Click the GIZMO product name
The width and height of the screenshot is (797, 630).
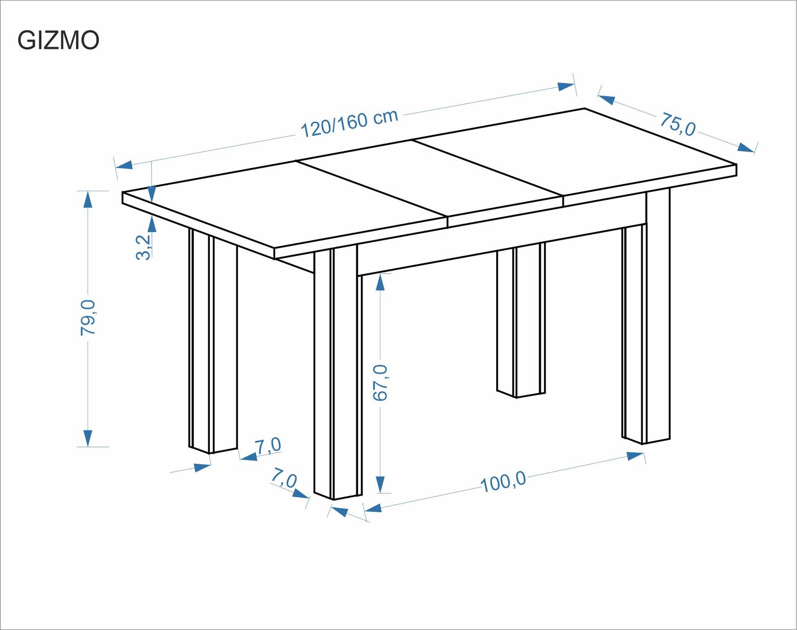pyautogui.click(x=58, y=40)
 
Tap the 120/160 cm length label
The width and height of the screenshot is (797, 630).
pyautogui.click(x=349, y=123)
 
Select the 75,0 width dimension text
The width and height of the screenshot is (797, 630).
pyautogui.click(x=677, y=124)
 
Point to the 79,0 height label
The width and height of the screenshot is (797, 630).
pyautogui.click(x=88, y=318)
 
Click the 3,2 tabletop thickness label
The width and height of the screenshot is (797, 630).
pyautogui.click(x=144, y=247)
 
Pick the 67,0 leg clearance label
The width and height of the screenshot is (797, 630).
pyautogui.click(x=380, y=382)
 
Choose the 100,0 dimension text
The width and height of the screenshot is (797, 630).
pyautogui.click(x=503, y=482)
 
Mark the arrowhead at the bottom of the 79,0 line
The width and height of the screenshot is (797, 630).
pyautogui.click(x=88, y=438)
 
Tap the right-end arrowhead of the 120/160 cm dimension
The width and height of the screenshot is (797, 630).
pyautogui.click(x=566, y=87)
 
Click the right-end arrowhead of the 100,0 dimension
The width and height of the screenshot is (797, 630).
pyautogui.click(x=635, y=456)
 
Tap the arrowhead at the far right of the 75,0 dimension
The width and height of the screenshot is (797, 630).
pyautogui.click(x=746, y=147)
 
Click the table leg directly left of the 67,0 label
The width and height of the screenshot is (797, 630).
pyautogui.click(x=337, y=372)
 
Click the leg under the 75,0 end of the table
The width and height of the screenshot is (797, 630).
pyautogui.click(x=646, y=329)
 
